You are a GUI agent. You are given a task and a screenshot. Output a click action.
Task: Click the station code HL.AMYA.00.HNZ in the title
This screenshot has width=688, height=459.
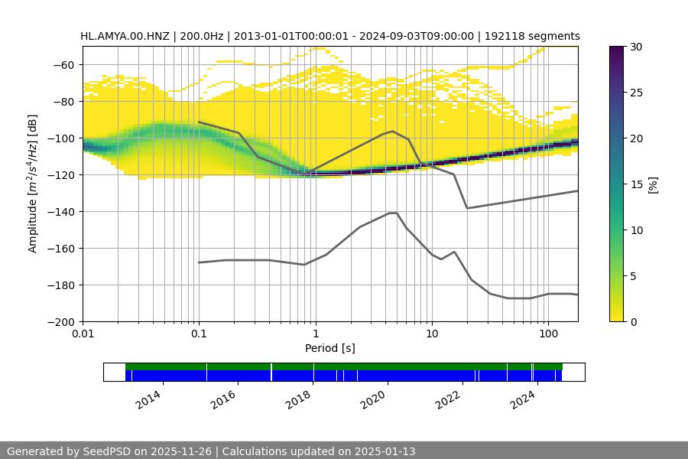(x=127, y=36)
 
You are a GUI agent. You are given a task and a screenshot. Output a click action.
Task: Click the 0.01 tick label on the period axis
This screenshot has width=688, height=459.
(x=83, y=334)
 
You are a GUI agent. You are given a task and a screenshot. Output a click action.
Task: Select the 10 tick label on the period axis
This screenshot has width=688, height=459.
(x=432, y=334)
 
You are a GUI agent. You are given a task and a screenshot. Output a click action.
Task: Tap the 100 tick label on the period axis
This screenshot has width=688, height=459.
(x=548, y=334)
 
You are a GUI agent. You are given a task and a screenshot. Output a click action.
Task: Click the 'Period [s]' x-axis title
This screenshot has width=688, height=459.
(x=330, y=349)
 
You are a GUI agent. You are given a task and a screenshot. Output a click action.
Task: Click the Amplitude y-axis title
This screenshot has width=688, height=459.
(x=33, y=184)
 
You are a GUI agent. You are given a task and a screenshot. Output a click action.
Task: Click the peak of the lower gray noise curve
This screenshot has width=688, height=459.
(x=393, y=213)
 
